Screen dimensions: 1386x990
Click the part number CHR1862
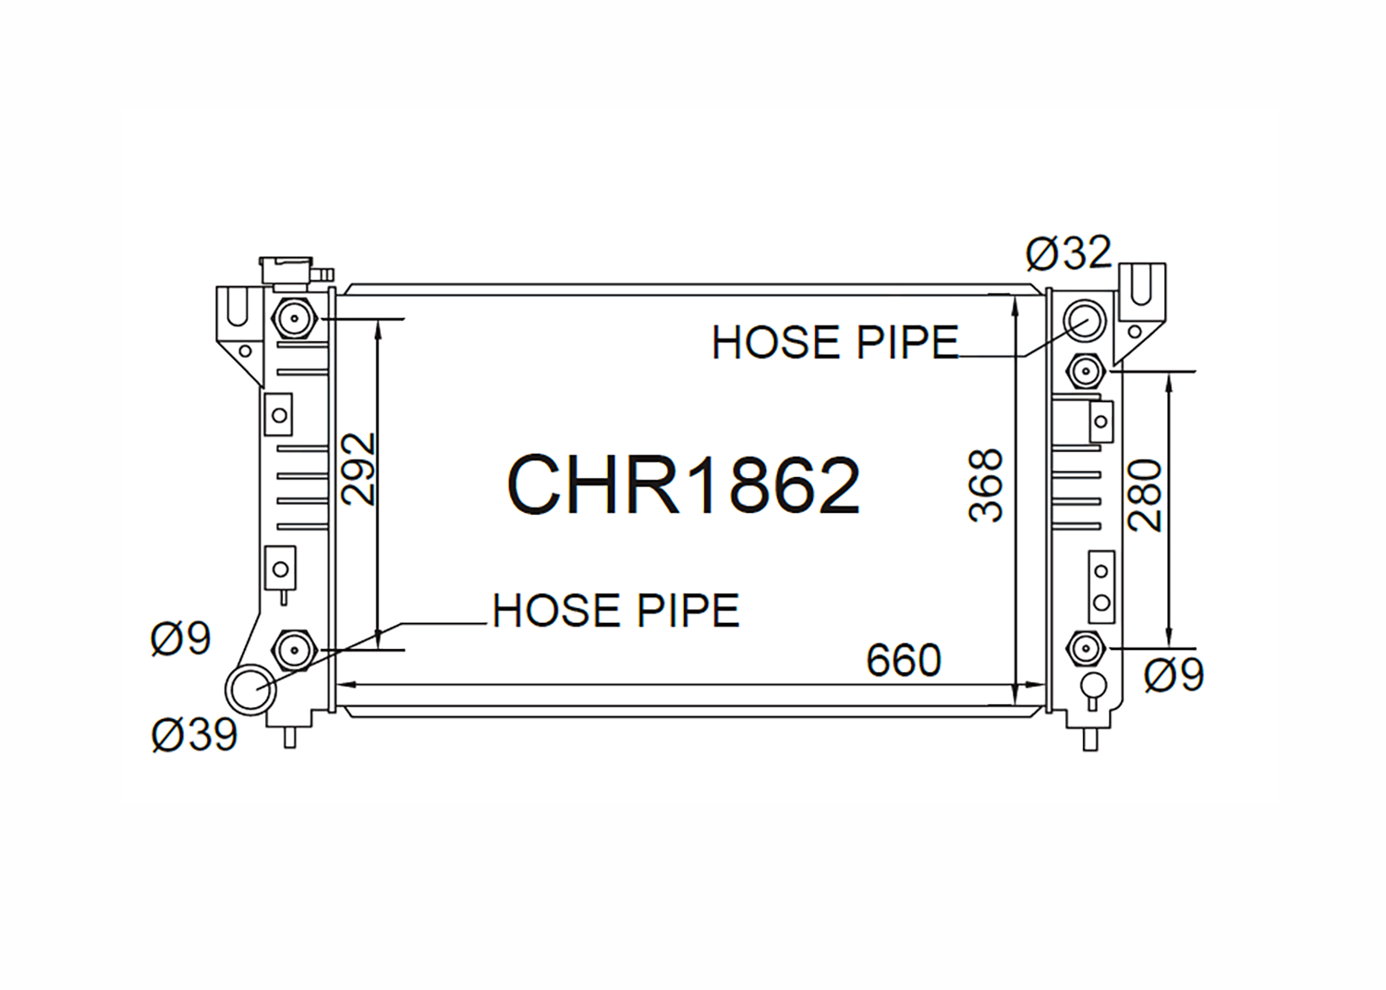click(x=684, y=484)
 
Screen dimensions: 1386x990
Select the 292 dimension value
click(x=359, y=469)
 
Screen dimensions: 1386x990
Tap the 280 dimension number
click(x=1146, y=495)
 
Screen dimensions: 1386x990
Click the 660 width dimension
click(x=904, y=661)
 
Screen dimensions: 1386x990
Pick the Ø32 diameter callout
click(x=1068, y=252)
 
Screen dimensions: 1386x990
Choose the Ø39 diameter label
click(x=194, y=735)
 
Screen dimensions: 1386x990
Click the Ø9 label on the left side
click(x=181, y=639)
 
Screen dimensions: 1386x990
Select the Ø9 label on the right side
click(x=1173, y=675)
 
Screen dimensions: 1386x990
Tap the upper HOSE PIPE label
click(x=835, y=342)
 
